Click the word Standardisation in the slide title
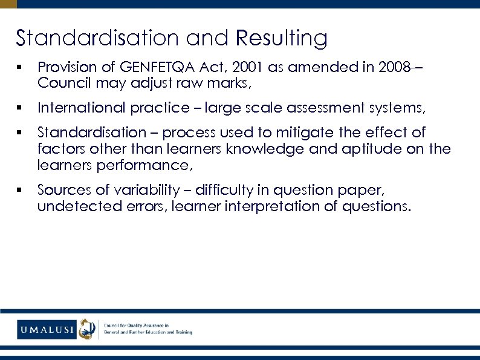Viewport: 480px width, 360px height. point(97,38)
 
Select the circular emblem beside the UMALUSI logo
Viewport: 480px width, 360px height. point(88,329)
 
